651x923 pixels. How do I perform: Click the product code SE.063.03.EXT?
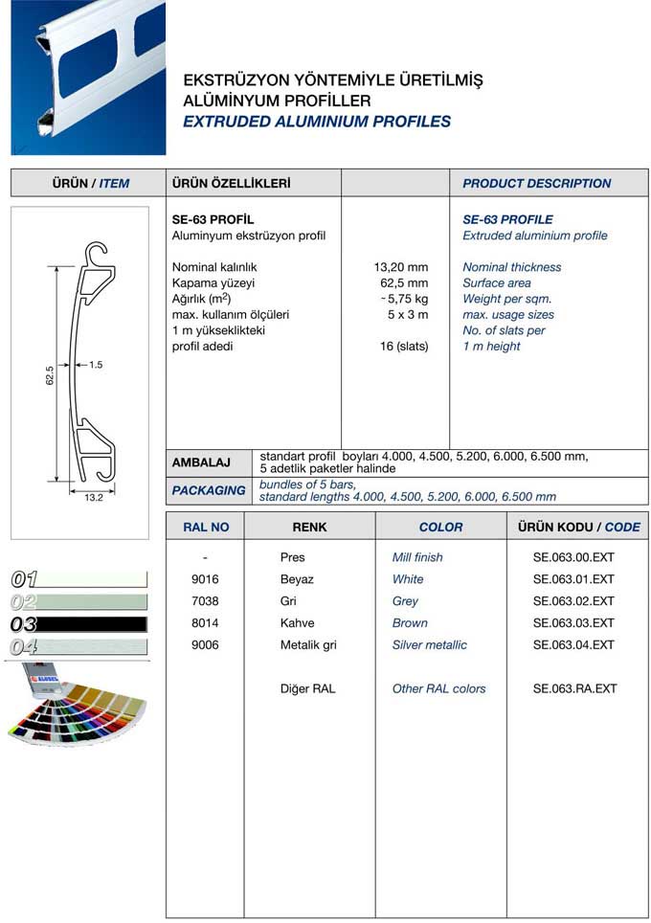click(573, 623)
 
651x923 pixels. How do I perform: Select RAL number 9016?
click(206, 579)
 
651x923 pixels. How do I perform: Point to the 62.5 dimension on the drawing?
click(50, 375)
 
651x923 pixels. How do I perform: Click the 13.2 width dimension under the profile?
click(93, 498)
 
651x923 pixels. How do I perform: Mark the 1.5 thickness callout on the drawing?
click(96, 365)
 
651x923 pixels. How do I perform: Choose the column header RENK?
click(309, 528)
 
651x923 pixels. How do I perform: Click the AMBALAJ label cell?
click(201, 463)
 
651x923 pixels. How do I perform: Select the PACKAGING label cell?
click(208, 490)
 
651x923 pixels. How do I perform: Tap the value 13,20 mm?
click(400, 267)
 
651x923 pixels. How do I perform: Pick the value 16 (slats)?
click(404, 347)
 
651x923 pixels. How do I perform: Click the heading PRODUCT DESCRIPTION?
click(536, 184)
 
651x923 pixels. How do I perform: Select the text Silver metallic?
click(430, 645)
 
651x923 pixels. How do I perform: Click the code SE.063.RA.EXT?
click(574, 689)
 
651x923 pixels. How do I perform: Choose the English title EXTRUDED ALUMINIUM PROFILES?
click(316, 122)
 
